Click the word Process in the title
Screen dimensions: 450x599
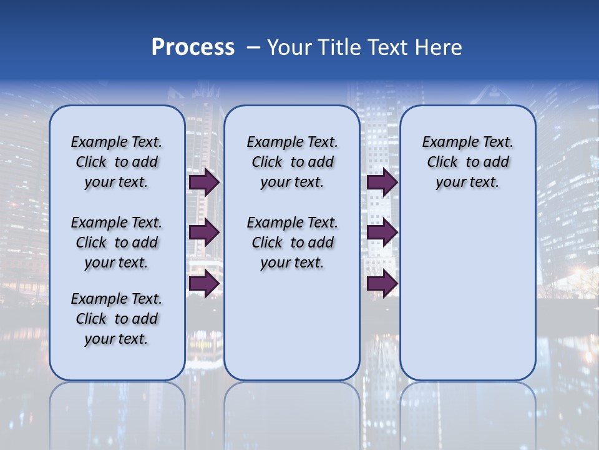pos(193,47)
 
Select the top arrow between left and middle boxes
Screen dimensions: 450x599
pos(204,182)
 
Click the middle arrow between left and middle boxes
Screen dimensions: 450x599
pos(204,233)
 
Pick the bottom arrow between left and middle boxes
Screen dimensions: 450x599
pos(204,284)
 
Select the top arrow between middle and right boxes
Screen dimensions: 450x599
pos(382,182)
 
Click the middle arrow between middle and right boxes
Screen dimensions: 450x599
pos(382,233)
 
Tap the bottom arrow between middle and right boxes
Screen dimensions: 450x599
pos(382,284)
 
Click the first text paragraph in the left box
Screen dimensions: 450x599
pos(117,162)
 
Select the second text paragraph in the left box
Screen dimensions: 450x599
pos(117,242)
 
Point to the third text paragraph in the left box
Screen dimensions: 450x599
pos(117,319)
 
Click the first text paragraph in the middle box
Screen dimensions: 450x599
pos(292,162)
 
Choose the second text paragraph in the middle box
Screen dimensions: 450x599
pos(292,242)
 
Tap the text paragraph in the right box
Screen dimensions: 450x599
pos(467,162)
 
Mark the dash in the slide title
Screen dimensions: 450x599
pos(253,47)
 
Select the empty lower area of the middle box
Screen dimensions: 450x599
pos(292,325)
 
